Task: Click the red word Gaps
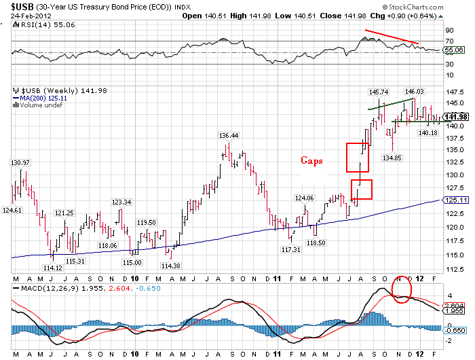(313, 161)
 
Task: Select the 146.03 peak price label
(414, 92)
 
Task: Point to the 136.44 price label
(229, 136)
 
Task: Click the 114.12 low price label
(53, 268)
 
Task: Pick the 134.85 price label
(393, 158)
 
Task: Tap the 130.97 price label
(21, 163)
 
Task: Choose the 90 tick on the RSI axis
(449, 31)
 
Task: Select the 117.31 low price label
(290, 250)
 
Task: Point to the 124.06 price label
(304, 198)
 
